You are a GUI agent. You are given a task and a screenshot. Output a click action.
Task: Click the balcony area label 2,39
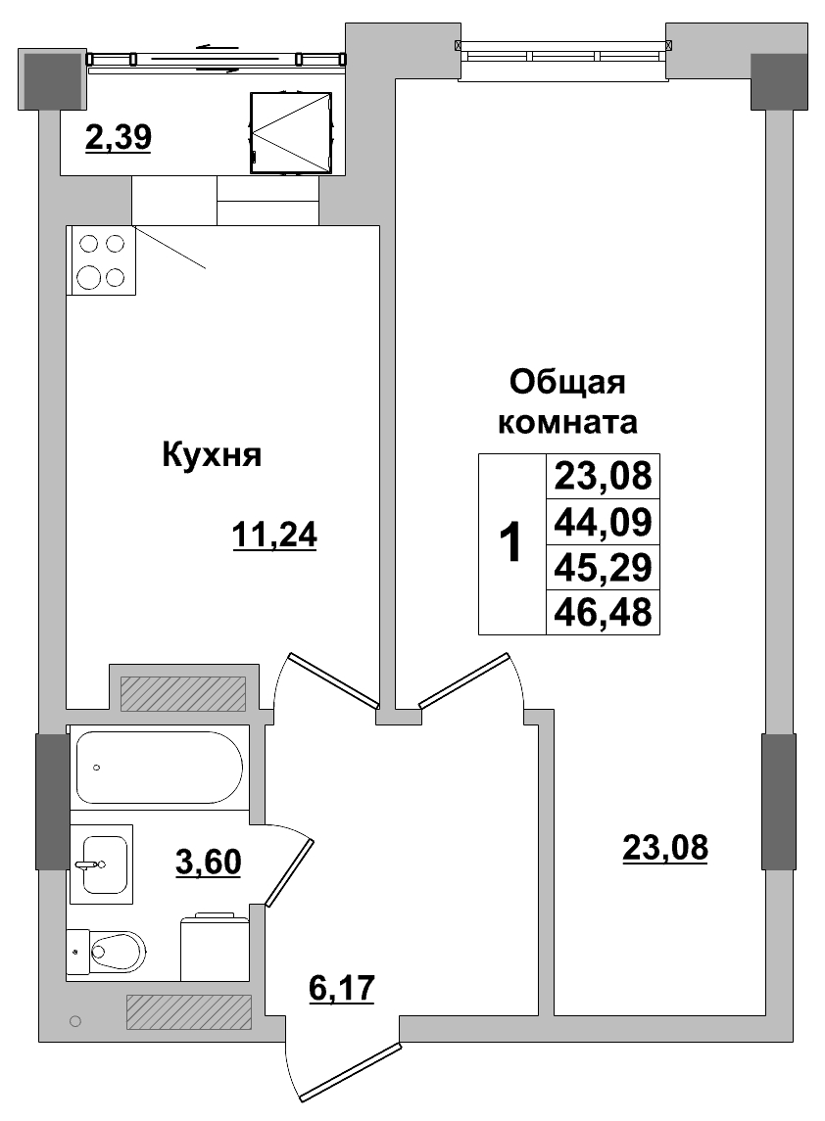(x=118, y=139)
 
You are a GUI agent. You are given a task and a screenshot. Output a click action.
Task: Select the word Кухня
(x=211, y=455)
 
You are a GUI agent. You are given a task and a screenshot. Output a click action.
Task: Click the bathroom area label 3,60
(x=208, y=863)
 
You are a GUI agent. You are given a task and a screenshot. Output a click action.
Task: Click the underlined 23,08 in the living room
(x=664, y=846)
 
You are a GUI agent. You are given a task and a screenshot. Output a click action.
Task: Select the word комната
(x=568, y=423)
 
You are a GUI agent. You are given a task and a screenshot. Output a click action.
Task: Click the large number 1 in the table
(x=510, y=543)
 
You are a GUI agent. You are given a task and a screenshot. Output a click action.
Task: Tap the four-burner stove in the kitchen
(x=102, y=260)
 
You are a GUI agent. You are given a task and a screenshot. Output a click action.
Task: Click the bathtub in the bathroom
(x=159, y=768)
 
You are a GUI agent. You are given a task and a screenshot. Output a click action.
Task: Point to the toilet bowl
(x=113, y=949)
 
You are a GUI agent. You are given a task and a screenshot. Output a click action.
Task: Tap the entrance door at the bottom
(x=351, y=1073)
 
